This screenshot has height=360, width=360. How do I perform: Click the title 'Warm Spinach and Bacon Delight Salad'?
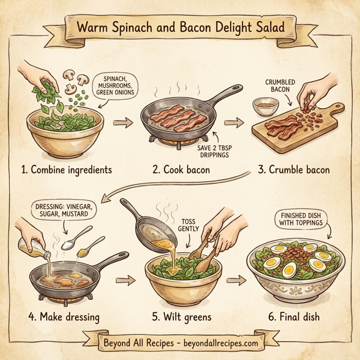(179, 27)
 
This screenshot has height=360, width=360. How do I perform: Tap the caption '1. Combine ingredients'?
(66, 170)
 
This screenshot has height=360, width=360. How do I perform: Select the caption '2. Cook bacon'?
(181, 170)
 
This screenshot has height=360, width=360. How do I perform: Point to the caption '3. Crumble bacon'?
(295, 170)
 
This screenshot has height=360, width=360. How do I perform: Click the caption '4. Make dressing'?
(64, 313)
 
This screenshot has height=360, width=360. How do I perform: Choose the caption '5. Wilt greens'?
(179, 313)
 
